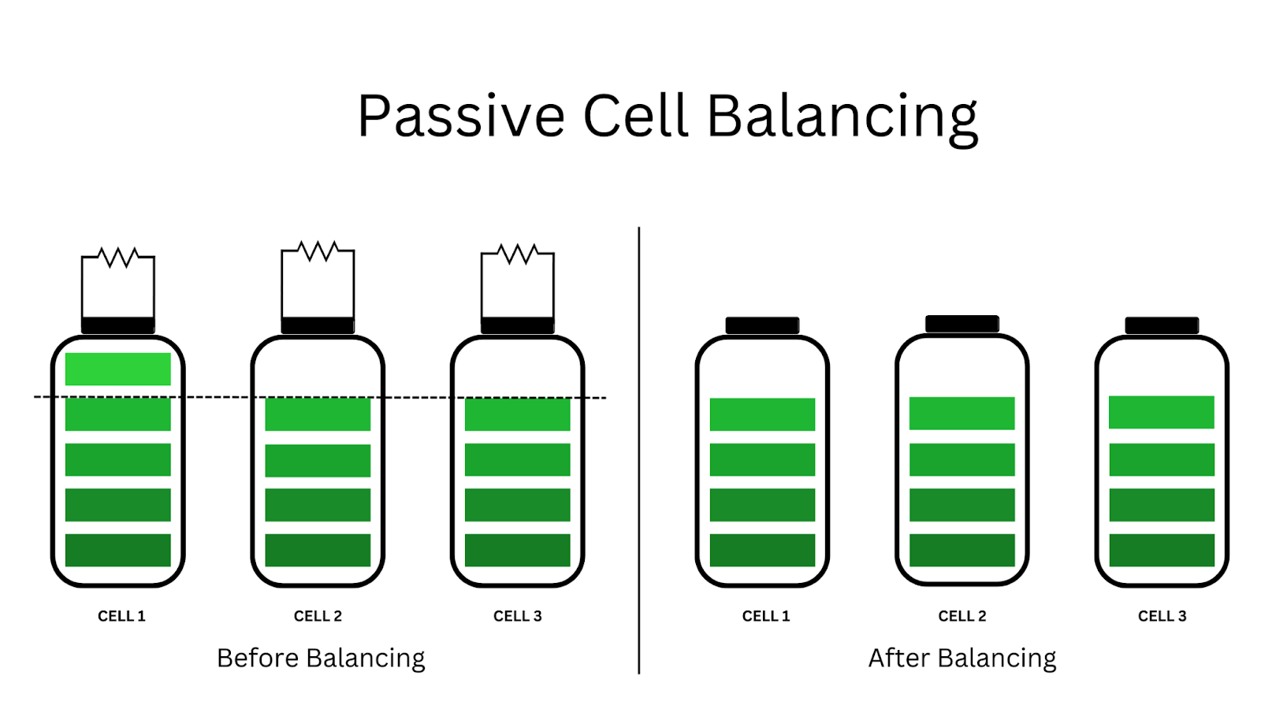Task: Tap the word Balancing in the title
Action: pos(842,117)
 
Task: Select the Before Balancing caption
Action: pos(321,658)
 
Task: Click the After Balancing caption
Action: pos(962,658)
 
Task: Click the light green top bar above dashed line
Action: pos(118,369)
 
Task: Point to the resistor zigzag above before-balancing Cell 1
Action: pos(119,257)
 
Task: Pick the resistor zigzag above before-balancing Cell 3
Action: pos(518,254)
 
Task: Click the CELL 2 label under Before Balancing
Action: pos(318,616)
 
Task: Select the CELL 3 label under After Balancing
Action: pos(1162,616)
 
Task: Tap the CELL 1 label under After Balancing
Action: pos(765,616)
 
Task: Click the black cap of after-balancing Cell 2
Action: pos(962,324)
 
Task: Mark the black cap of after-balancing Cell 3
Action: pos(1162,325)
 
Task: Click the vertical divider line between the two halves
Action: pos(638,449)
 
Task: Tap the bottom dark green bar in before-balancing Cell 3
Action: pos(517,550)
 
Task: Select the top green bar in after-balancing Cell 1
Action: pos(762,414)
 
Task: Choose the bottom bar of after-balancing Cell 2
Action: pos(962,550)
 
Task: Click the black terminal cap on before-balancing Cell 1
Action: pos(118,325)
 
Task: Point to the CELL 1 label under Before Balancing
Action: pos(121,616)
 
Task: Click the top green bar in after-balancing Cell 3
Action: pos(1162,412)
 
